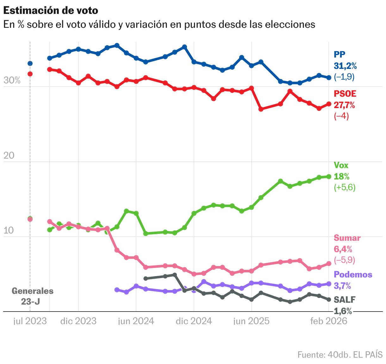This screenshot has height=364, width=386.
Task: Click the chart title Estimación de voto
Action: click(51, 10)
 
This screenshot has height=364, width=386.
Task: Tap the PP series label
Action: click(339, 55)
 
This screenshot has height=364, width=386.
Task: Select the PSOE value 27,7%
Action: click(344, 105)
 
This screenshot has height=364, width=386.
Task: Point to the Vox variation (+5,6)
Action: click(345, 188)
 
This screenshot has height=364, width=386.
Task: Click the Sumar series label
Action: click(347, 238)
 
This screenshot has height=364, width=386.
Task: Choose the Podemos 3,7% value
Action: click(342, 286)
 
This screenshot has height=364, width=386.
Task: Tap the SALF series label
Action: click(345, 300)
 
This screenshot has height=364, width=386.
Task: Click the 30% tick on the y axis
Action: click(12, 81)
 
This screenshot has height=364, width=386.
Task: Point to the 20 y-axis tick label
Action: click(9, 155)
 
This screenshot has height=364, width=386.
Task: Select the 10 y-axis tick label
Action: click(9, 231)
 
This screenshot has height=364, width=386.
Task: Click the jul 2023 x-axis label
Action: click(30, 321)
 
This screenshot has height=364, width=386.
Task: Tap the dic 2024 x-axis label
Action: click(194, 321)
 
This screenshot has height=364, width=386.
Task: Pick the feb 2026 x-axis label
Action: click(329, 321)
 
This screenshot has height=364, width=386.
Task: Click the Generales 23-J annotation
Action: click(32, 296)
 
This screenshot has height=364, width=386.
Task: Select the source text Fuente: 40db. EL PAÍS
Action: click(340, 355)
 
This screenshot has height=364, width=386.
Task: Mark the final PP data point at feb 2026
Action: click(329, 77)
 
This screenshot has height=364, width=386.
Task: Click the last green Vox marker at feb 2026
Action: click(329, 177)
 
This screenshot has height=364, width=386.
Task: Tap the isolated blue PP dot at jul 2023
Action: click(30, 64)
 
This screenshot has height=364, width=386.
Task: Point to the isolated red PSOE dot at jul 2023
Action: click(30, 74)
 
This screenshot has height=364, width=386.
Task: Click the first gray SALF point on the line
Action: click(146, 278)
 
